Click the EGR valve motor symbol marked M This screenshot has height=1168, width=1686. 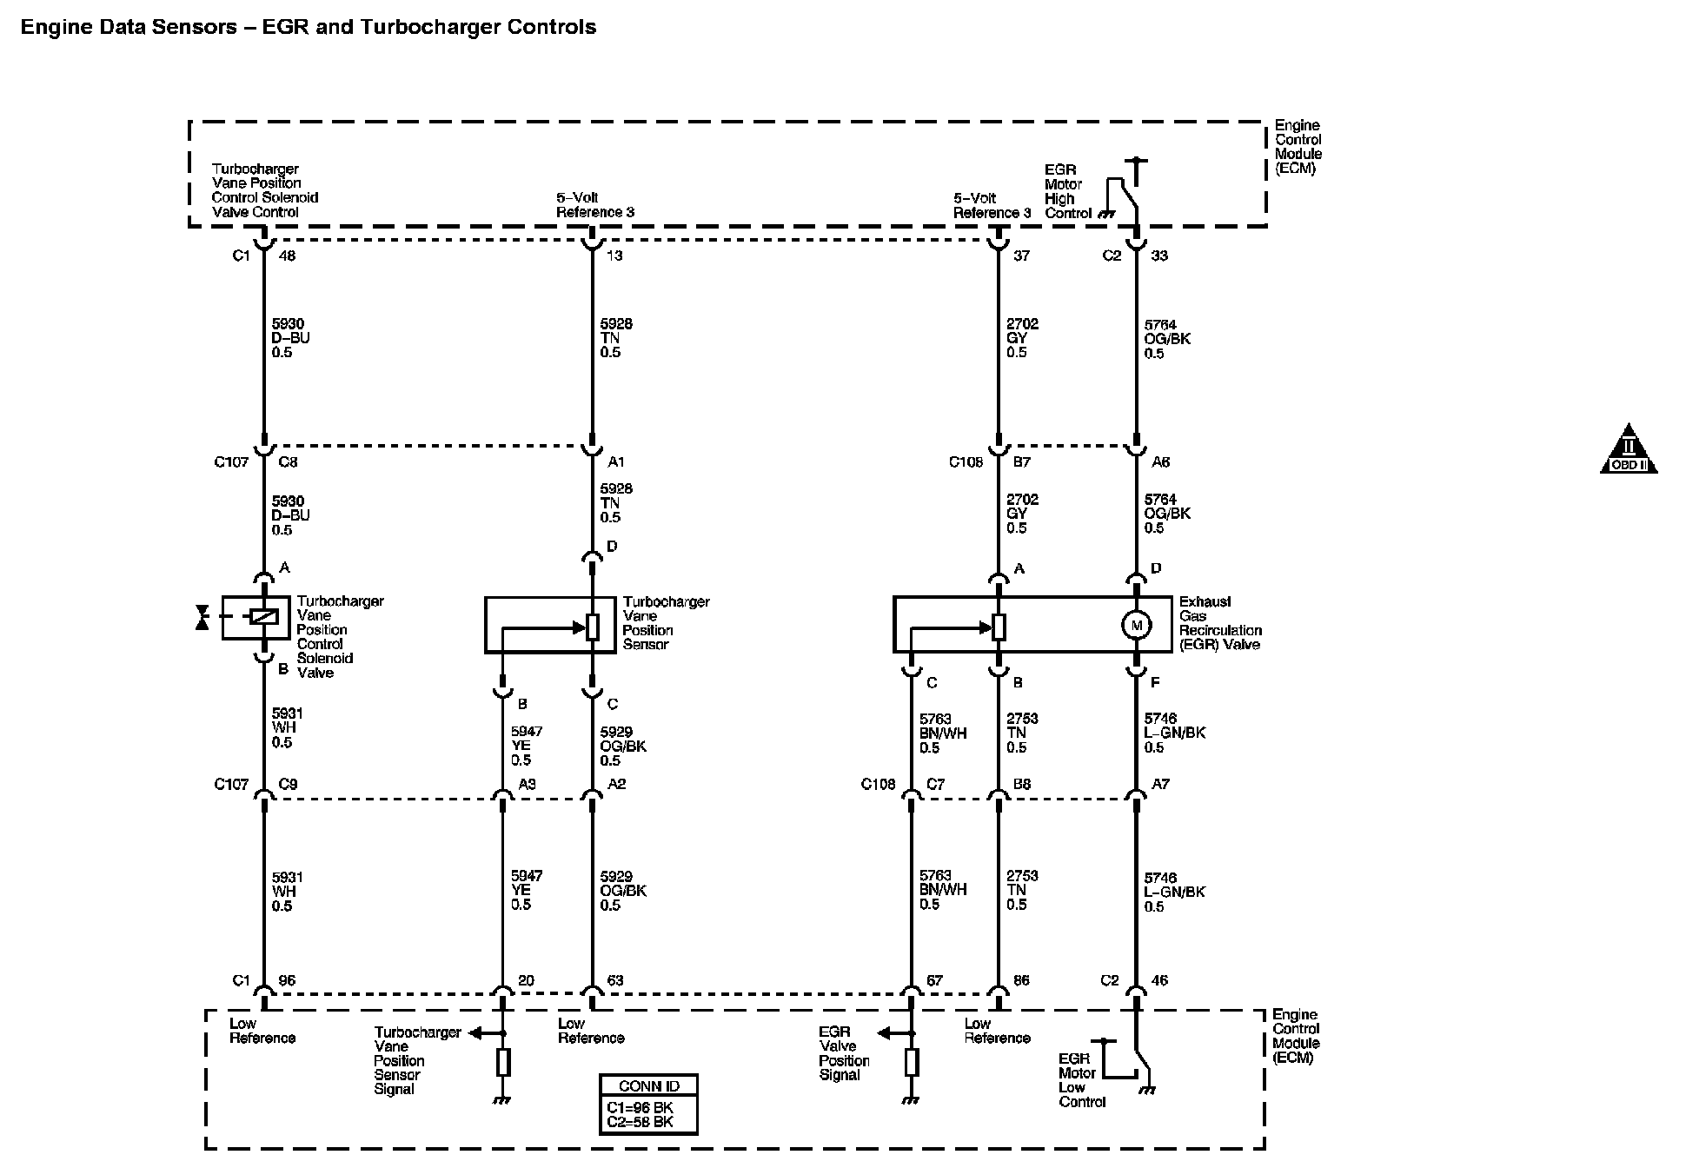click(x=1136, y=625)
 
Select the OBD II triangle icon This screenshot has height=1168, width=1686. click(x=1629, y=451)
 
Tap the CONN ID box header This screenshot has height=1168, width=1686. click(x=648, y=1086)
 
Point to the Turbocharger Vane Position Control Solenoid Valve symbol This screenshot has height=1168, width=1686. click(x=256, y=617)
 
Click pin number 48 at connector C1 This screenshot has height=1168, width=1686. click(x=287, y=256)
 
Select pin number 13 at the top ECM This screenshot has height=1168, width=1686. click(x=614, y=256)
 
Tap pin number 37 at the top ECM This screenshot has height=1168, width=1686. click(x=1021, y=256)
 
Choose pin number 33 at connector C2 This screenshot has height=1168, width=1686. click(x=1159, y=256)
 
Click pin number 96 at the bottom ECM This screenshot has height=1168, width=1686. click(x=287, y=980)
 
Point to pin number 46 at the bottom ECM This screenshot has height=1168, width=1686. click(x=1159, y=980)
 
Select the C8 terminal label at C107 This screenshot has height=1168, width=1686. click(x=288, y=462)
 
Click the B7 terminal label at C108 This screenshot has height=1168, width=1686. click(x=1021, y=462)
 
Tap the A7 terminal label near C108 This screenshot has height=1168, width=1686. click(x=1160, y=784)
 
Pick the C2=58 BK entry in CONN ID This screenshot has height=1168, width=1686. click(x=640, y=1122)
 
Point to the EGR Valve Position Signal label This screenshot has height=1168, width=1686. click(x=843, y=1053)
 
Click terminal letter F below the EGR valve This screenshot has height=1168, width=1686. click(x=1155, y=683)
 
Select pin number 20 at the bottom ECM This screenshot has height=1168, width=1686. click(x=526, y=980)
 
